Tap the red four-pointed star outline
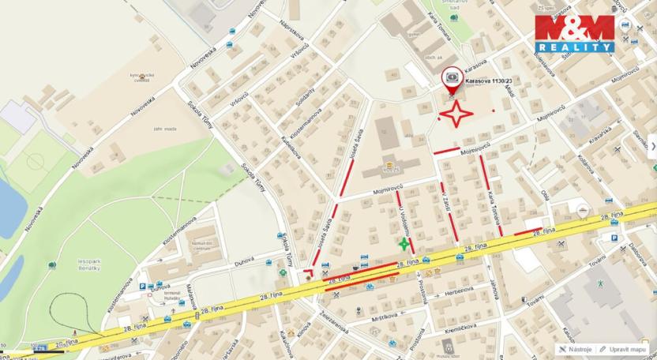point(456,114)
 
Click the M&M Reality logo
point(574,33)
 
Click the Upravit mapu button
point(626,349)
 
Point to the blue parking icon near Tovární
point(614,237)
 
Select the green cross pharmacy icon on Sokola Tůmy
point(283,273)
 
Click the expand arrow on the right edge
point(652,145)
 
